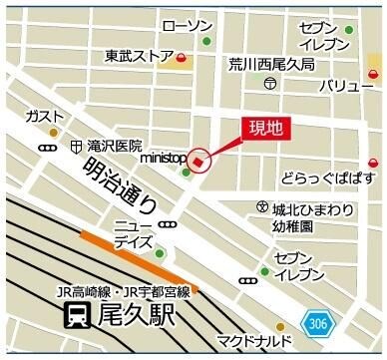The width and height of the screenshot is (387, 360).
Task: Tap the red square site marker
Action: tap(197, 162)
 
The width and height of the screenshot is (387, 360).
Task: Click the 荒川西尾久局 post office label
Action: tap(270, 63)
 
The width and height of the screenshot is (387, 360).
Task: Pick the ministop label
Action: tap(164, 158)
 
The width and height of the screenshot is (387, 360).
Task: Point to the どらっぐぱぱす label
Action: tap(328, 179)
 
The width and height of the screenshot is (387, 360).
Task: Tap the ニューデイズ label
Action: tap(134, 233)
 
